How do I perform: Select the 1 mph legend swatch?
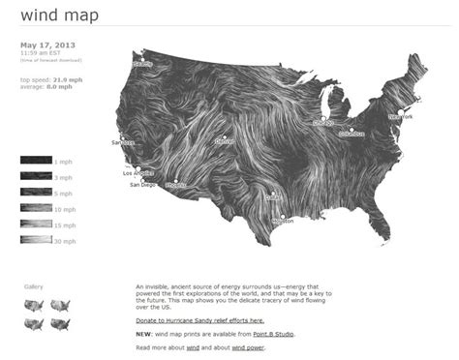(x=36, y=161)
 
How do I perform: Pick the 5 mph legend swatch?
(x=36, y=193)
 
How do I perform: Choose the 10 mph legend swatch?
(x=36, y=208)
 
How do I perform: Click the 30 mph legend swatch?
(x=36, y=240)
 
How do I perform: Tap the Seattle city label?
(x=143, y=64)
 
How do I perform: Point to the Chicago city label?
(x=322, y=124)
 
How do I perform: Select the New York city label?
(x=400, y=117)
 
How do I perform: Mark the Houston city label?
(x=283, y=222)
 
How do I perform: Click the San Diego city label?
(x=141, y=184)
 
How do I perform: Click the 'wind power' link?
(x=248, y=345)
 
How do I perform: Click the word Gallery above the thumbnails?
(x=34, y=286)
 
